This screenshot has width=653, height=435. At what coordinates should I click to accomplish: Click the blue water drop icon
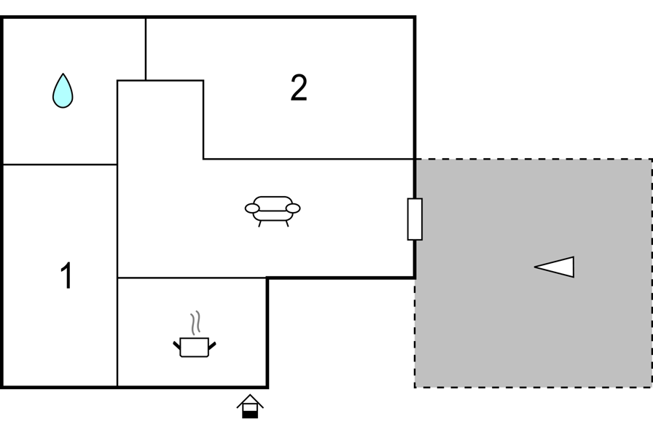63,91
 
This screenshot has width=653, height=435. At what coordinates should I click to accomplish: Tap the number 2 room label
299,88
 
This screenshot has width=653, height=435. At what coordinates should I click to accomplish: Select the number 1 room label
66,275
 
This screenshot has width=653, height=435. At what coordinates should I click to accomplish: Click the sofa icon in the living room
273,211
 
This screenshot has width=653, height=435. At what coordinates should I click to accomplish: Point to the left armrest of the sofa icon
252,208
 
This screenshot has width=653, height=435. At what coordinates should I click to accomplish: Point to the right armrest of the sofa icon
293,208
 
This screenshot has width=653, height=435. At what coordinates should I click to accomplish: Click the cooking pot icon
195,347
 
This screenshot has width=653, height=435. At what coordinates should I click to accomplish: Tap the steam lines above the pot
195,323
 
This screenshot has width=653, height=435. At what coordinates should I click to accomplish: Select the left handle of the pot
176,345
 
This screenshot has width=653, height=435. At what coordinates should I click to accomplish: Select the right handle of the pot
212,345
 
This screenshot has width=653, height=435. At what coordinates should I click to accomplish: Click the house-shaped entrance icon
250,407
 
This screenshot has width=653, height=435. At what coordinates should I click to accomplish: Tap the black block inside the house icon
250,414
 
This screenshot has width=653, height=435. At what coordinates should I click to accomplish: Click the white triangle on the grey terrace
555,267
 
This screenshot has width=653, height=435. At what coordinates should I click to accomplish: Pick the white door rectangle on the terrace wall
415,219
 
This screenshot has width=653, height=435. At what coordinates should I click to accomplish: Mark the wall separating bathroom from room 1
60,165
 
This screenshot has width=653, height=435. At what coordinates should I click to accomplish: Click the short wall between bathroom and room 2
146,49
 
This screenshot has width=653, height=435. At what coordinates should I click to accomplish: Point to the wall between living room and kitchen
192,278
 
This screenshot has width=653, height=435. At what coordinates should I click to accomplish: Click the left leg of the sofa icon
260,224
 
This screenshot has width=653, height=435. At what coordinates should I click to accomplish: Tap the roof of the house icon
250,400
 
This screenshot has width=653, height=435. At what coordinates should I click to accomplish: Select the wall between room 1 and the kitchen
117,332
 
